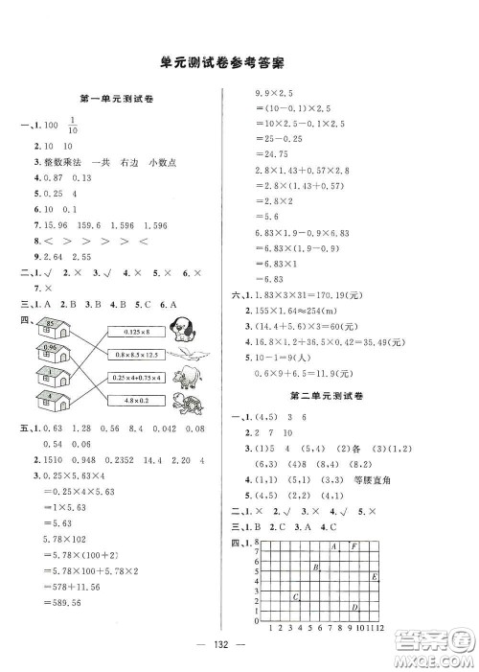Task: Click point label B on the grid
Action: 315,568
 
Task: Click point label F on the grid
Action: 354,545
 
